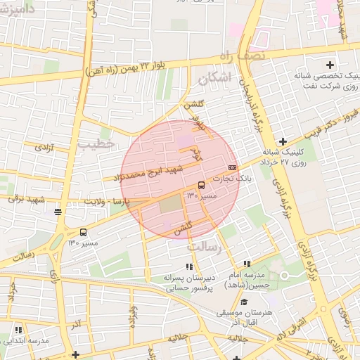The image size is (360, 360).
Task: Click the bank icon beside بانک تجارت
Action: coord(232,167)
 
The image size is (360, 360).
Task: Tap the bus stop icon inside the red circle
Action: coord(202,185)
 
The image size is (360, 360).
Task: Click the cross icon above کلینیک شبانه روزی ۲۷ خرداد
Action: coord(283,141)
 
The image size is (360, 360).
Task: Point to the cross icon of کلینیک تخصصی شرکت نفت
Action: coord(330,65)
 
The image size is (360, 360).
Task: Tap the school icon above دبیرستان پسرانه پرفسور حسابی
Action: coord(188,266)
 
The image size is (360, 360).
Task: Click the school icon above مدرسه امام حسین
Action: coord(247,263)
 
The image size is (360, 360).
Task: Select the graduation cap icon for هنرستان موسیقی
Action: coord(244,301)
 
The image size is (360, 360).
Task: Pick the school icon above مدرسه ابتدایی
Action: coord(18,329)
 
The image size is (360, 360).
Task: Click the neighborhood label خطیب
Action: coord(96,143)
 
